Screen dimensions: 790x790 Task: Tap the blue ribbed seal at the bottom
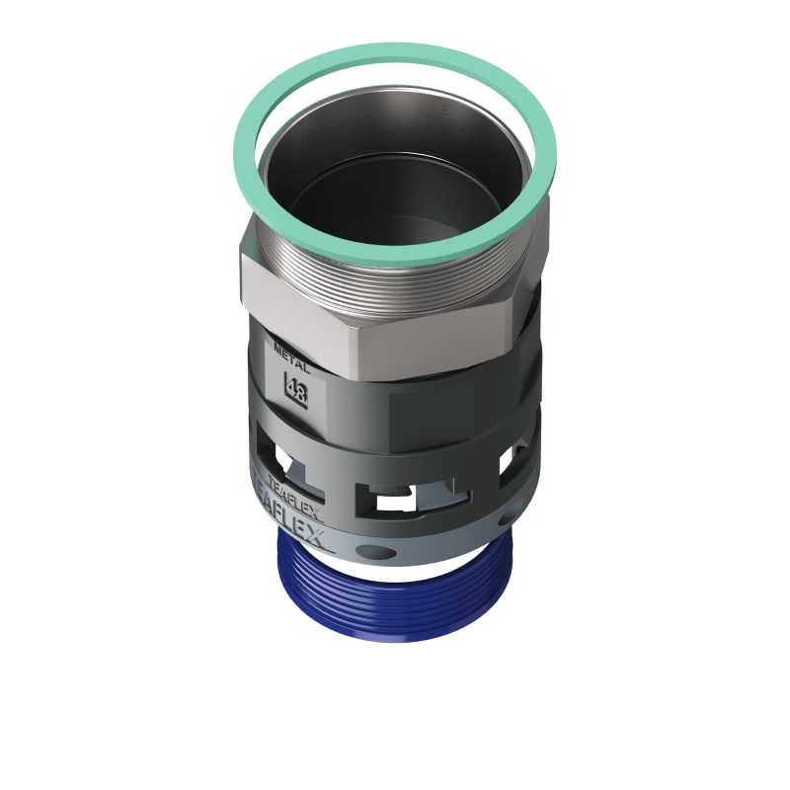(x=395, y=602)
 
